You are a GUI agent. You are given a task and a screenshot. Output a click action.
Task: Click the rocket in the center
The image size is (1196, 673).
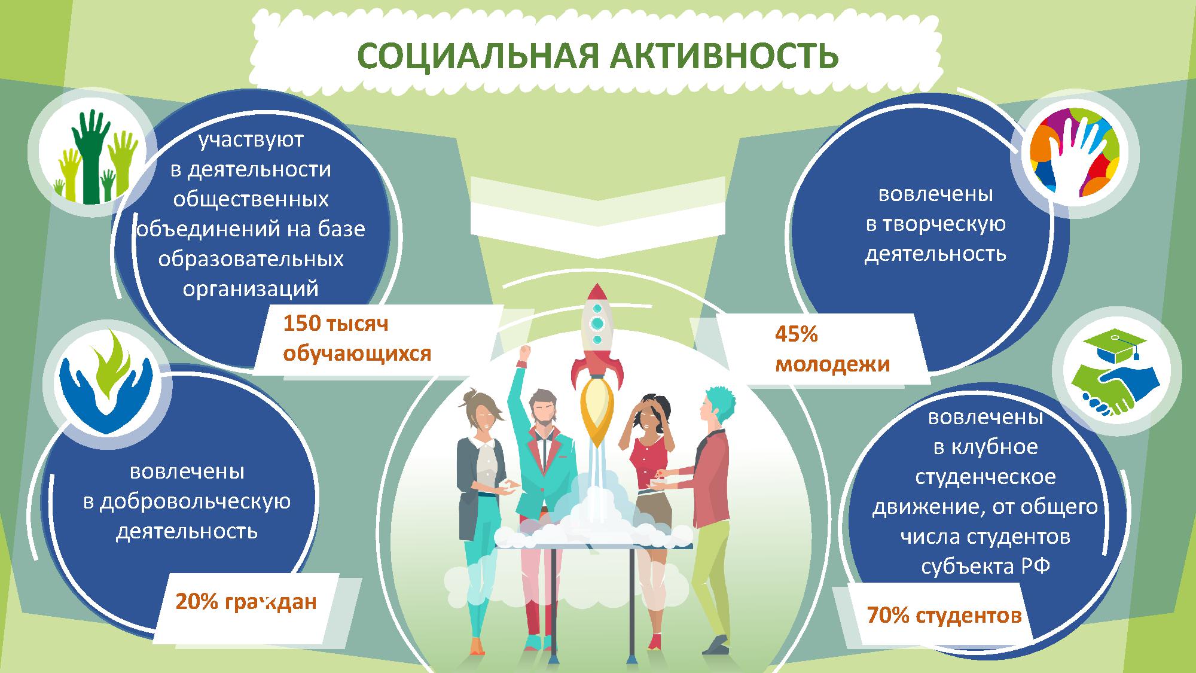click(597, 365)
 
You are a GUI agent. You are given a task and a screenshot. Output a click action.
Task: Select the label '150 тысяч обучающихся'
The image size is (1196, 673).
click(357, 339)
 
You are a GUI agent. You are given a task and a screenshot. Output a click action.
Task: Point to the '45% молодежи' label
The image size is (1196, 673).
click(832, 349)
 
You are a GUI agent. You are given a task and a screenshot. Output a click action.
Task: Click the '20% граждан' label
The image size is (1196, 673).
click(246, 601)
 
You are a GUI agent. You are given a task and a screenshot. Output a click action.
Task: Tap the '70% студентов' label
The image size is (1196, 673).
click(944, 615)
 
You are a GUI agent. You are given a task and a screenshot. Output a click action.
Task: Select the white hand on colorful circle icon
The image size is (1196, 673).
click(1074, 153)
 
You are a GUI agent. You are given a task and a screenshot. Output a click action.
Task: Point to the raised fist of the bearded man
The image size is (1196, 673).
click(525, 352)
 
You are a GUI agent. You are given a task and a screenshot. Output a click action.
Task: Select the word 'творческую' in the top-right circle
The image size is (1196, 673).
click(935, 224)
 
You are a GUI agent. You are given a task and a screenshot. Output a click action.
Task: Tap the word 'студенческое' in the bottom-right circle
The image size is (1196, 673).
click(986, 477)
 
